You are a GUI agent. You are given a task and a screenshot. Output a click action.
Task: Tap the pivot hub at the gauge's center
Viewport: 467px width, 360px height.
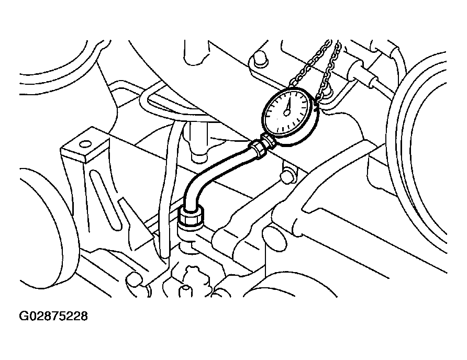[287, 113]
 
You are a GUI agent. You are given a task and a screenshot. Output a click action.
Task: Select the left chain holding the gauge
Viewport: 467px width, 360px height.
[310, 63]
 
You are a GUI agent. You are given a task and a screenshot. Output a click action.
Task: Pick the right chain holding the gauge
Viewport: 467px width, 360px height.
[329, 72]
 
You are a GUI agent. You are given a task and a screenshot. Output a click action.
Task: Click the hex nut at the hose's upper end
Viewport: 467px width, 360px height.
[257, 148]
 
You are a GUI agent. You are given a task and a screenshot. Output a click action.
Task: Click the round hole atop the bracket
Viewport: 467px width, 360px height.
[85, 144]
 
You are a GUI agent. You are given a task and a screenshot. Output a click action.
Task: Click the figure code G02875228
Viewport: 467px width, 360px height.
[53, 316]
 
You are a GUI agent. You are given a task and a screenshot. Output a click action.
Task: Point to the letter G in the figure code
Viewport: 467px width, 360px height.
[24, 316]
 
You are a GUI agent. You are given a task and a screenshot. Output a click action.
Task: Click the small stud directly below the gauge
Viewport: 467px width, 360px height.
[288, 176]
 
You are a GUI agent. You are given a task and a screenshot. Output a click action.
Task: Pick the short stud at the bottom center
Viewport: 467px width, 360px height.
[185, 291]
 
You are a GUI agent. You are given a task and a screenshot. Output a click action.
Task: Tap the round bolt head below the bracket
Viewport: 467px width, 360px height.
[134, 279]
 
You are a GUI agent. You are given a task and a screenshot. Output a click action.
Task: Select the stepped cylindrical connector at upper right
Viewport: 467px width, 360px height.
[362, 72]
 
